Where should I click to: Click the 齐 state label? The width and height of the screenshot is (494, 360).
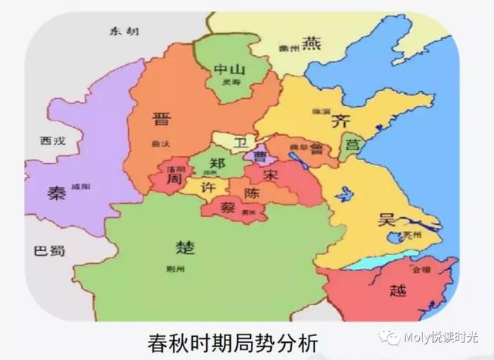click(340, 121)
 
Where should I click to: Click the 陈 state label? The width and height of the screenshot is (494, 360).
click(252, 191)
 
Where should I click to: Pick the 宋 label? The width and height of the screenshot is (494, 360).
click(270, 175)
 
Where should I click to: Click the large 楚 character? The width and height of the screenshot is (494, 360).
click(185, 248)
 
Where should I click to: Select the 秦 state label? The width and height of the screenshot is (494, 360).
click(56, 193)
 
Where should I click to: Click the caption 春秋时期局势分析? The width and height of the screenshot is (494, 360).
click(232, 339)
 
